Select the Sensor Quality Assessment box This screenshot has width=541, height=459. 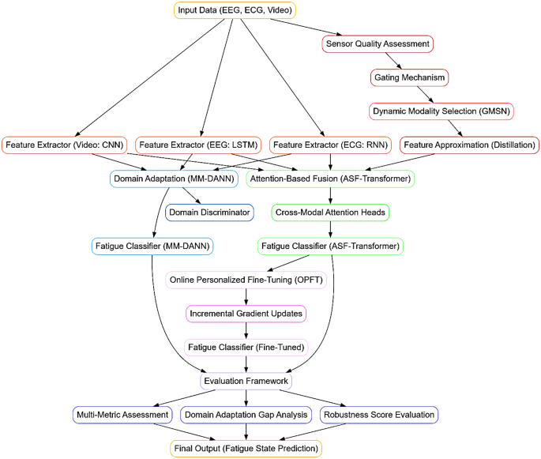click(378, 44)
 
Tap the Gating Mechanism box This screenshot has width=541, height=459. click(409, 77)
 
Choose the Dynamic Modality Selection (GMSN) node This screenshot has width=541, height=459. click(441, 111)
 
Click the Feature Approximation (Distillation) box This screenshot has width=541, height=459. click(469, 145)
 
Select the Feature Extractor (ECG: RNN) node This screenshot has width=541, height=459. click(330, 145)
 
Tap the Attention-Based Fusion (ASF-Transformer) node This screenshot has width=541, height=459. click(330, 179)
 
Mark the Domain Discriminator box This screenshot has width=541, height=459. click(209, 212)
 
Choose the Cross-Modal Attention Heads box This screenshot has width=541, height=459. click(330, 213)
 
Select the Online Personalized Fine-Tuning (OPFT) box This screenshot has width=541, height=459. click(246, 280)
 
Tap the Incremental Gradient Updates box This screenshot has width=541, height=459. click(246, 314)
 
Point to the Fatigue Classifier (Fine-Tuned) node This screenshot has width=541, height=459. click(246, 347)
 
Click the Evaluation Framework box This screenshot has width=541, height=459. click(246, 381)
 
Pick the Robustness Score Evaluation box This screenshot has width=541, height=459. click(378, 415)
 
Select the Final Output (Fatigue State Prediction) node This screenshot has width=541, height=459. click(246, 448)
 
